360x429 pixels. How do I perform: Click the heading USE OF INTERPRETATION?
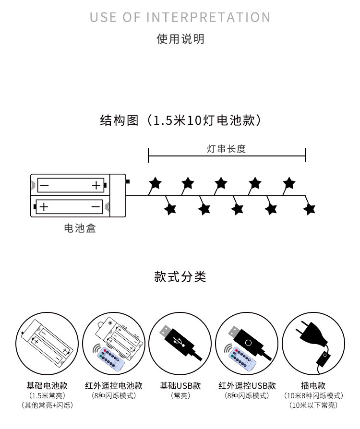pyautogui.click(x=180, y=18)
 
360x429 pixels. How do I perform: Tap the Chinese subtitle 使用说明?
pyautogui.click(x=180, y=39)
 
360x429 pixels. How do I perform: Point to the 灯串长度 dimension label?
pyautogui.click(x=226, y=149)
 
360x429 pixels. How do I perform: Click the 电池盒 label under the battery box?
pyautogui.click(x=80, y=228)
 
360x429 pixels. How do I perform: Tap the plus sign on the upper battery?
pyautogui.click(x=96, y=185)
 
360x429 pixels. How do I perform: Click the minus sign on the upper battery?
pyautogui.click(x=44, y=185)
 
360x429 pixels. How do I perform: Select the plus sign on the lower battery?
pyautogui.click(x=44, y=207)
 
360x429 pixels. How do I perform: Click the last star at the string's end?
pyautogui.click(x=310, y=209)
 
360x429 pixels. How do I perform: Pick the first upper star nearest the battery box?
pyautogui.click(x=155, y=183)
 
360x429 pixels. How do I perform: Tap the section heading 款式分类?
pyautogui.click(x=180, y=277)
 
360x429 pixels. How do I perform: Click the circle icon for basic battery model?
pyautogui.click(x=47, y=343)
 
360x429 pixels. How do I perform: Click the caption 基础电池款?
pyautogui.click(x=47, y=386)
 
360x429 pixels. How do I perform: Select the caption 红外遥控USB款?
pyautogui.click(x=247, y=386)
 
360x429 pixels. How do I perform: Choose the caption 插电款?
pyautogui.click(x=313, y=386)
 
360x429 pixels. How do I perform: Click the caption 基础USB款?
pyautogui.click(x=180, y=386)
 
